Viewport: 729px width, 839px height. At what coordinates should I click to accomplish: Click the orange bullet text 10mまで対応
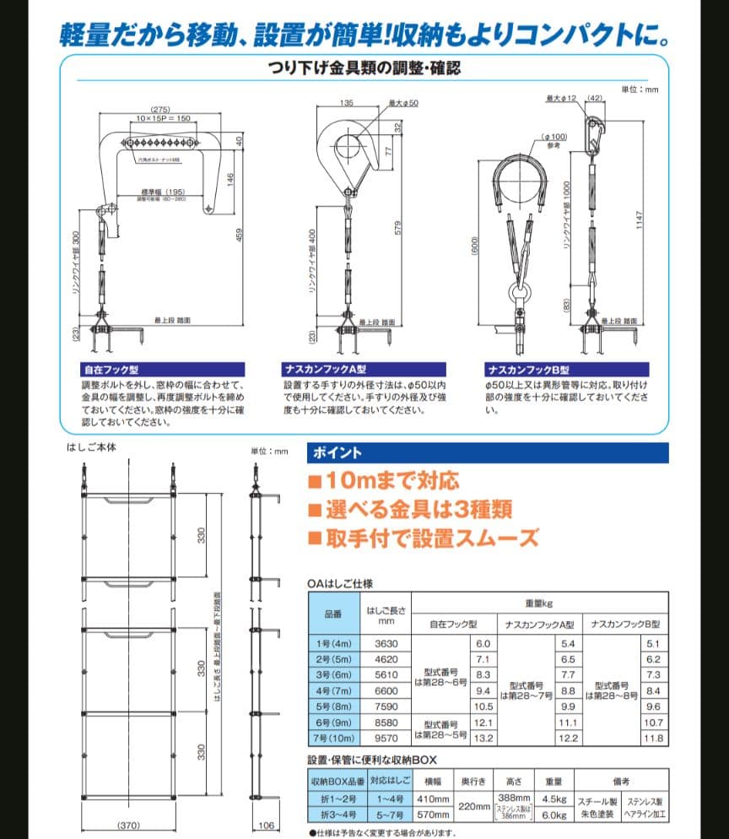[384, 482]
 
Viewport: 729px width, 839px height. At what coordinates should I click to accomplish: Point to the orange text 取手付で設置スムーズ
[423, 537]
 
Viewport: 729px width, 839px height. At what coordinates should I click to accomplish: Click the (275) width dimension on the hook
[161, 110]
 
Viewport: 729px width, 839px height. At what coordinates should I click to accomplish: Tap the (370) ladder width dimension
[128, 825]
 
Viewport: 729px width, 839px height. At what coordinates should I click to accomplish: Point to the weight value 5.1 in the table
[653, 644]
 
